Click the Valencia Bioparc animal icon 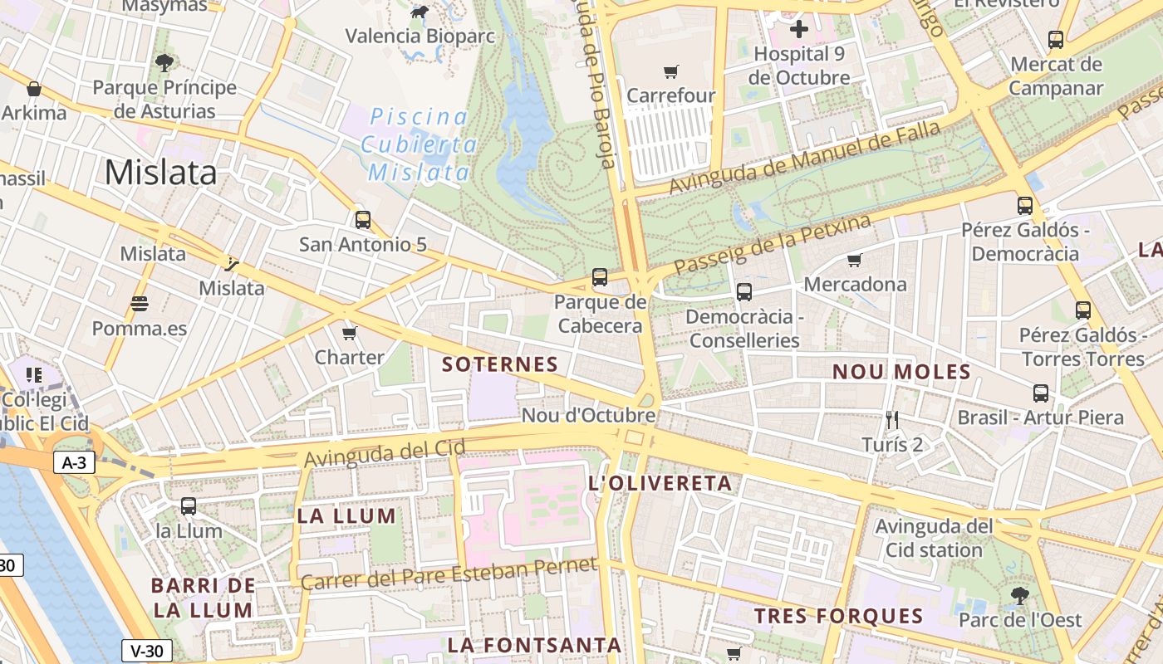pos(420,12)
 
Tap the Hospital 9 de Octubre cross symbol pos(798,30)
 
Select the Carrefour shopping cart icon pos(671,72)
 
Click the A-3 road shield pos(75,463)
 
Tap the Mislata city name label pos(160,172)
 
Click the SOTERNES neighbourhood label pos(500,364)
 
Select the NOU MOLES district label pos(901,372)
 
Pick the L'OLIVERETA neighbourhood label pos(660,483)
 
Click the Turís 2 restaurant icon pos(892,420)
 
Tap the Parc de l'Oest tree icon pos(1020,596)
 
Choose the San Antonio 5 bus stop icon pos(363,220)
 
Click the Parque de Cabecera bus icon pos(600,277)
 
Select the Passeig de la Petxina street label pos(773,245)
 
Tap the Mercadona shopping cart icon pos(855,261)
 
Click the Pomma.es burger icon pos(139,304)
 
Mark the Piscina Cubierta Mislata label pos(419,144)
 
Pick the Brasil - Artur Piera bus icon pos(1041,393)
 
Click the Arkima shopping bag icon pos(34,89)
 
